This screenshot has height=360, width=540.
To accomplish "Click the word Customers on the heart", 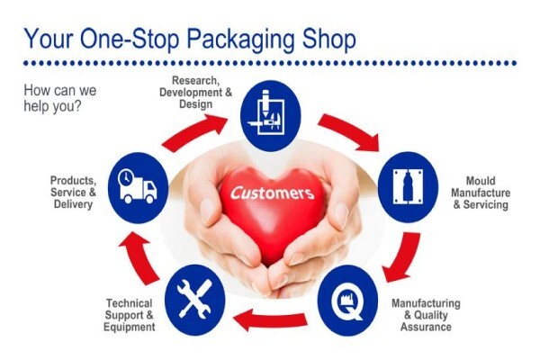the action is [273, 193].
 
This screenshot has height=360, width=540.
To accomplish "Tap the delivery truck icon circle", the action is [138, 188].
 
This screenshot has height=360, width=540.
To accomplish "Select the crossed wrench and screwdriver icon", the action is [195, 300].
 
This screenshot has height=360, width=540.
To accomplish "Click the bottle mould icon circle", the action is [408, 187].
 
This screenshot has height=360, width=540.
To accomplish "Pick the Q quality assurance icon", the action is [347, 301].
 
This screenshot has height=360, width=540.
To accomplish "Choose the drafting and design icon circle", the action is [270, 116].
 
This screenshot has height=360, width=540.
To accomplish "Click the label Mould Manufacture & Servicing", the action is [481, 193].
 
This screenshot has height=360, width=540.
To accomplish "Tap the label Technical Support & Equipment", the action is [129, 315].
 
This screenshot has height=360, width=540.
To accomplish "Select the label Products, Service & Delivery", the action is [73, 193].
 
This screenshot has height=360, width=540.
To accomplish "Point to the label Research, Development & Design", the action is [195, 92].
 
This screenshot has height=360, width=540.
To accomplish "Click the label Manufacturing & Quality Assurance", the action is [426, 315].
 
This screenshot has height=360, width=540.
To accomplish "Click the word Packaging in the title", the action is [240, 40].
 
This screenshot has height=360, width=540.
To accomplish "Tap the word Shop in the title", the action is [328, 40].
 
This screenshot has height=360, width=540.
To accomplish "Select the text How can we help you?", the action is [60, 98].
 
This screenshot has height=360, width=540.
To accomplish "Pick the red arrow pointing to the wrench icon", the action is [270, 319].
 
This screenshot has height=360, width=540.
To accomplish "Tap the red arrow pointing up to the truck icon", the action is [139, 256].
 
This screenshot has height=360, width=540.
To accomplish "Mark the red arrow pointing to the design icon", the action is [193, 132].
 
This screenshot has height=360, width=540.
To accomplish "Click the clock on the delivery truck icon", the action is [125, 177].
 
